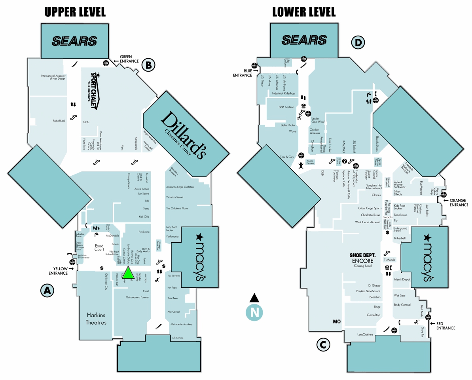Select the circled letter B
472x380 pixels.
149,65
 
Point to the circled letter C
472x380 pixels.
323,345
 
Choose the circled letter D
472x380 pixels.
358,42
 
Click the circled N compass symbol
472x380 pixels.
255,312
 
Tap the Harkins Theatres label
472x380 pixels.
97,319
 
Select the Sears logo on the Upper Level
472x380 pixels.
74,41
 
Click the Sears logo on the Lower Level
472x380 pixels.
304,40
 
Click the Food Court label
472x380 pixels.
99,248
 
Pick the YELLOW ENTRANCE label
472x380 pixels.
58,271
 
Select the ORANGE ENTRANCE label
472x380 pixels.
458,202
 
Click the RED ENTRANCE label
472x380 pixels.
446,325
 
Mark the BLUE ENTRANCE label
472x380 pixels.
243,73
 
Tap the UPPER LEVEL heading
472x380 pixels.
75,12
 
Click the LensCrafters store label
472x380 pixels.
365,334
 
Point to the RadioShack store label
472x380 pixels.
59,121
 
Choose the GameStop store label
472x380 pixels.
373,315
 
